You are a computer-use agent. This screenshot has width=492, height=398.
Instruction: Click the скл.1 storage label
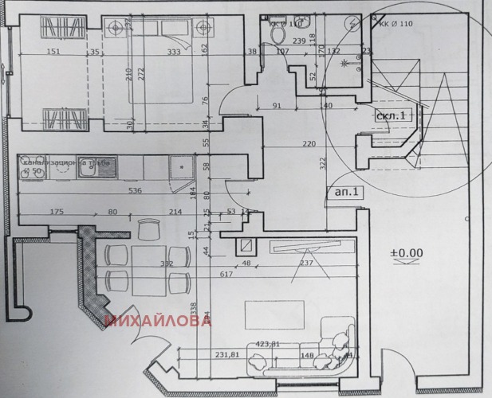click(392, 115)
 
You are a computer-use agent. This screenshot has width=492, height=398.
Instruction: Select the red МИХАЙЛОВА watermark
click(157, 322)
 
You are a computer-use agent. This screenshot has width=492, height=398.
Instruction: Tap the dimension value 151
click(53, 53)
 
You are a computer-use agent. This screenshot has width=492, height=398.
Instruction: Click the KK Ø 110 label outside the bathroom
click(395, 23)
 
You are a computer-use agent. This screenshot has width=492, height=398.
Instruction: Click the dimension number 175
click(56, 212)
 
